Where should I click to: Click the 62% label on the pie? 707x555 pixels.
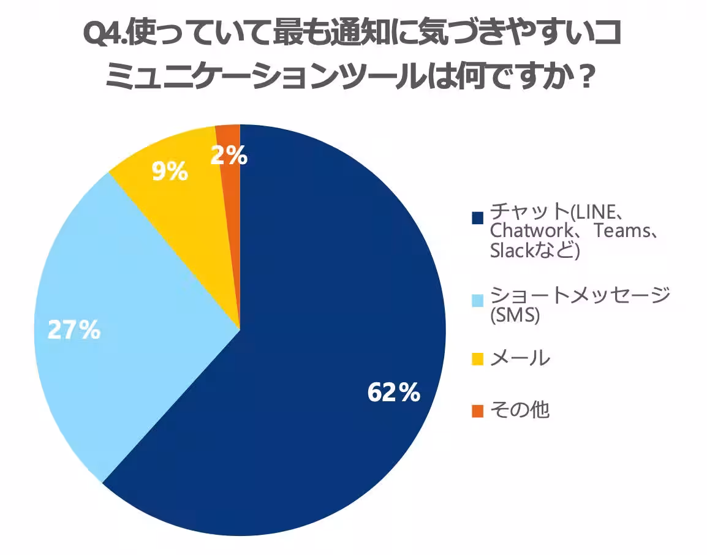393,392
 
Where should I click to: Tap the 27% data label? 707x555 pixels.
74,331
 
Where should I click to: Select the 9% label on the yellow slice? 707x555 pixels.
168,173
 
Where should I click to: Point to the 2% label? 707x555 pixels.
229,157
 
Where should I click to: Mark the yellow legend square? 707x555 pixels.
478,358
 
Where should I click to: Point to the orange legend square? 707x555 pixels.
478,410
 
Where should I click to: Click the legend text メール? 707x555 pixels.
520,358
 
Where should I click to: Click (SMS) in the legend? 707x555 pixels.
515,316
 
